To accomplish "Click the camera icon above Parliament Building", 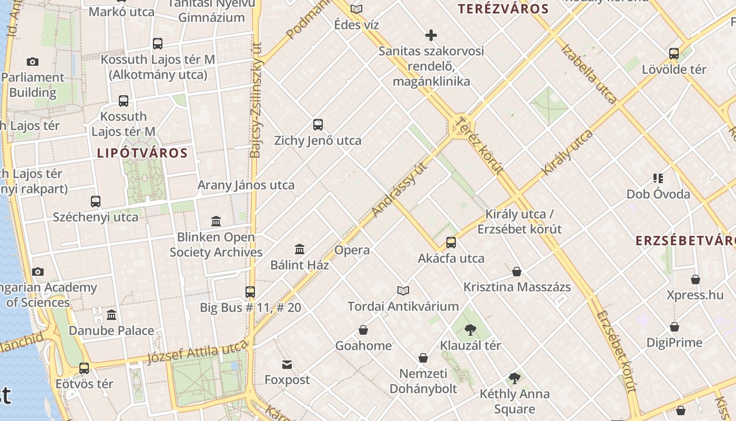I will coord(33,62).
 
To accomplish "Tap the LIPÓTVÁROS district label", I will coord(142,153).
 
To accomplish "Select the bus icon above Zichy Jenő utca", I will coord(318,125).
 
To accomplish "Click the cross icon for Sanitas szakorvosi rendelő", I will coord(431,35).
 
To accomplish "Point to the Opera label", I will coord(352,250).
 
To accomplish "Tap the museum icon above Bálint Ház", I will coord(300,249).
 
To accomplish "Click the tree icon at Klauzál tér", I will coord(470,330).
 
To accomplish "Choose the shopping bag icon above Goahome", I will coord(363,330).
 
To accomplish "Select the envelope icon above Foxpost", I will coord(287,364).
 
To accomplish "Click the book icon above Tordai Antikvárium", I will coord(403,290).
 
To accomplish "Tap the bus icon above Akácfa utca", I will coord(451,243).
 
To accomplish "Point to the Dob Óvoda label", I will coord(658,194).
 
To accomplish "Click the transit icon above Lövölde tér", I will coord(674,53).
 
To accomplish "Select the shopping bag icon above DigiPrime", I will coord(674,327).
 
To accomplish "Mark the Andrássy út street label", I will coord(400,190).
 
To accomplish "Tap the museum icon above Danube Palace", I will coord(111,315).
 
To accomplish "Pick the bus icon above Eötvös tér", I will coord(84,368).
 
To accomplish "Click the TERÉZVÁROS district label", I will coord(503,9).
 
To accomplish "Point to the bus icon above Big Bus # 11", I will coord(250,292).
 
